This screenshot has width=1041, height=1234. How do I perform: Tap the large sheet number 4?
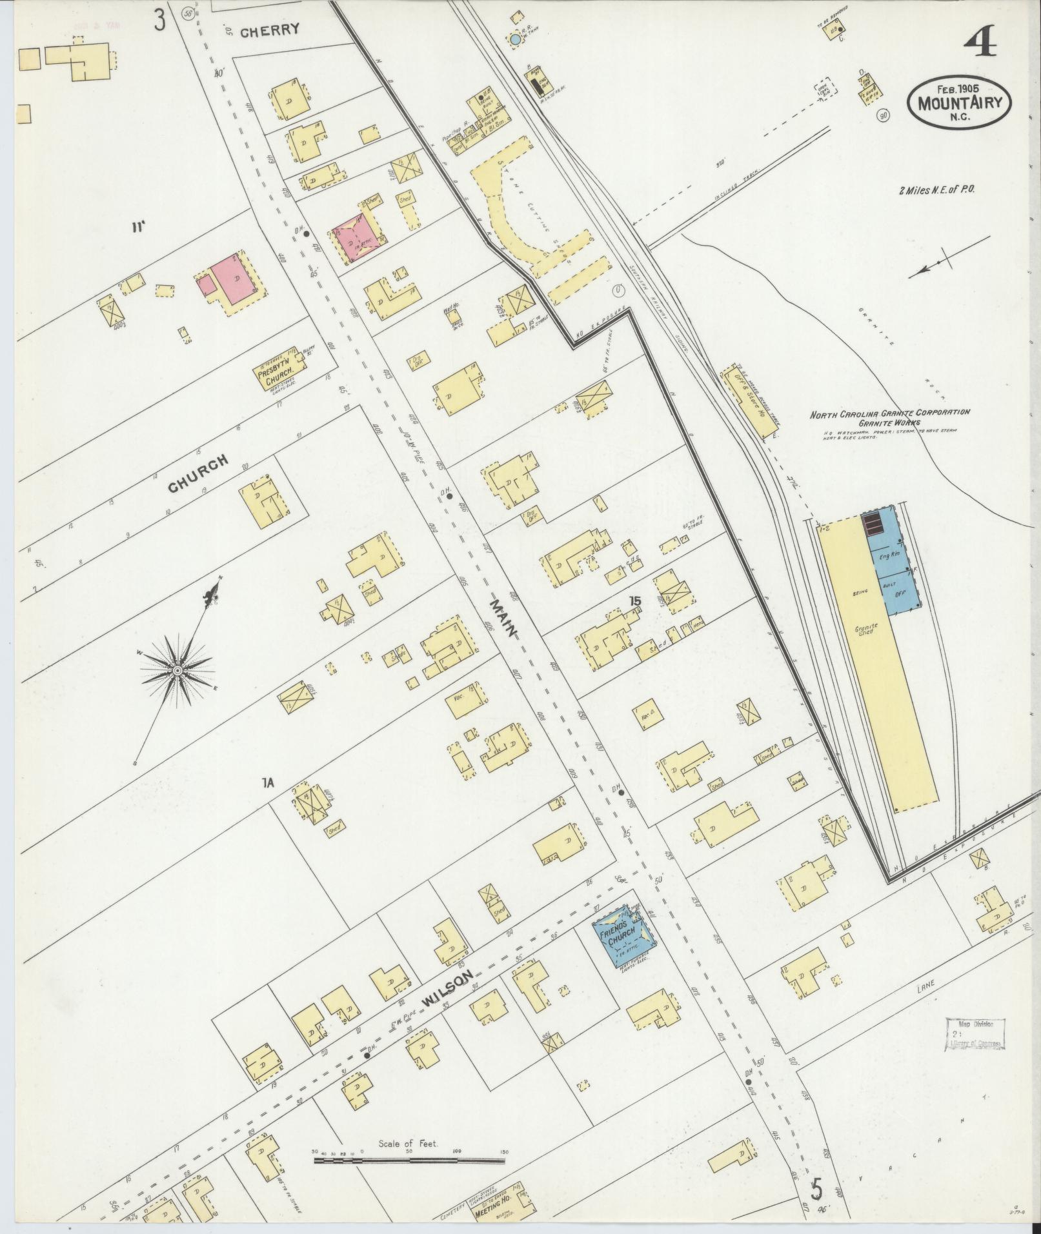tap(980, 45)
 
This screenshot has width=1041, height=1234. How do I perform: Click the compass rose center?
tap(176, 671)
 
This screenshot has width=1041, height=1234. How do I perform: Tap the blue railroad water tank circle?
tap(515, 40)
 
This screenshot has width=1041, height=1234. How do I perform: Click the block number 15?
tap(636, 602)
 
